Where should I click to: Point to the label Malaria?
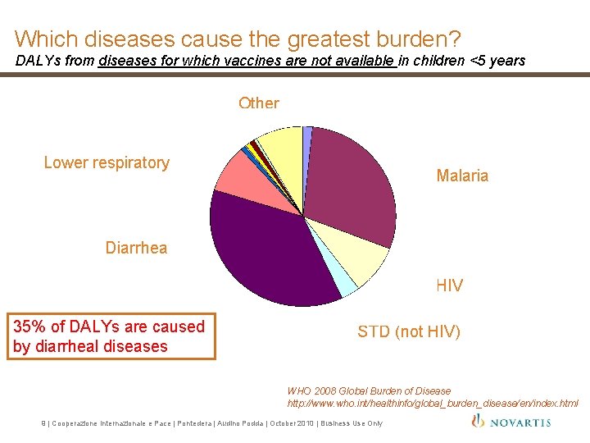462,176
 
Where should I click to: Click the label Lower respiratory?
107,162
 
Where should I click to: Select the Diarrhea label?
136,248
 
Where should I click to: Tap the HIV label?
449,285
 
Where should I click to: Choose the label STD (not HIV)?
409,331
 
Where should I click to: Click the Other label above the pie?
258,103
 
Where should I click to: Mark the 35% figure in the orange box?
29,327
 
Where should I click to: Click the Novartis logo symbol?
479,421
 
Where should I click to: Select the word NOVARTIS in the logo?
522,422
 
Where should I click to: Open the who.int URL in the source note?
432,403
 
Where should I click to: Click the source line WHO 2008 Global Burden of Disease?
369,391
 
